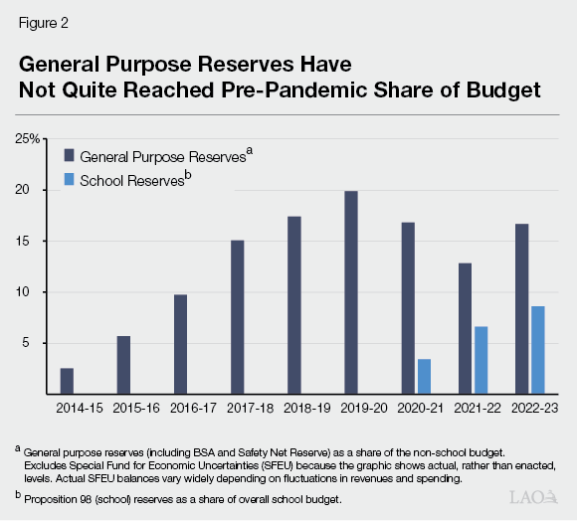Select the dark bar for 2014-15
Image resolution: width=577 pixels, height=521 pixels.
point(67,381)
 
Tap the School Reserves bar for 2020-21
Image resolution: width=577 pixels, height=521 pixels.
point(424,377)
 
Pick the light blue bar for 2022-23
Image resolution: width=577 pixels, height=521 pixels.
point(538,350)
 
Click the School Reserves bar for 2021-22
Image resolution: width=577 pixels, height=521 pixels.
point(481,360)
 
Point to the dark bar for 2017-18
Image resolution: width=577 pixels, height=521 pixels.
point(238,317)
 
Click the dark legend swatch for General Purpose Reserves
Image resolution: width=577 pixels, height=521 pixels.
point(70,155)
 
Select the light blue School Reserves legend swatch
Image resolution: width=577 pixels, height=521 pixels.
point(70,180)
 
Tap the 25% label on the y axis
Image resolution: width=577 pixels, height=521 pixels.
point(27,139)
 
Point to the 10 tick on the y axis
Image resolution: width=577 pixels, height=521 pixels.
point(31,292)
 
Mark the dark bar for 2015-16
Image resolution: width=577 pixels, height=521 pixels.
point(123,365)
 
